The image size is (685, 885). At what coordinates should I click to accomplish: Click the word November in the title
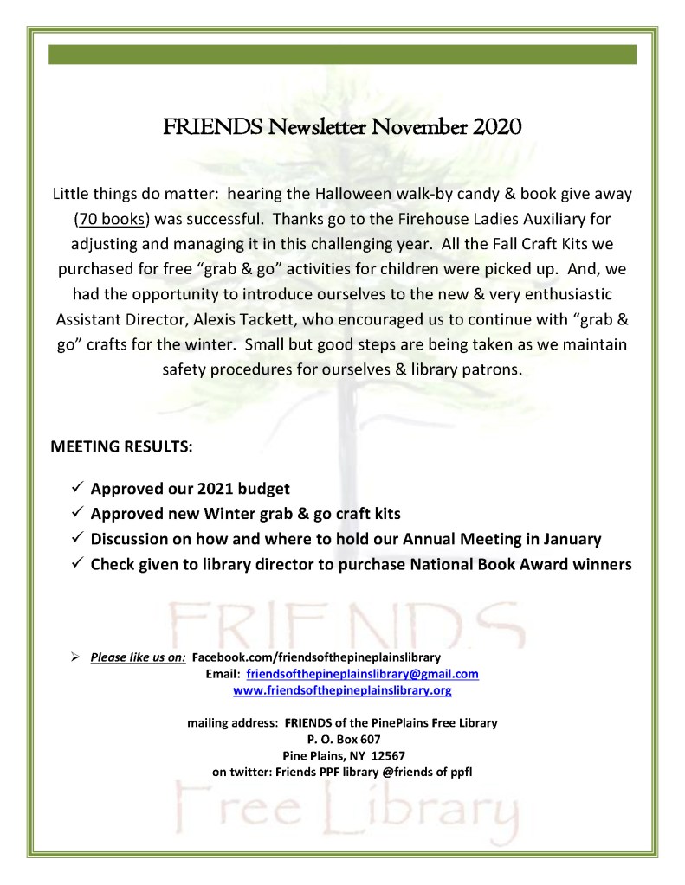418,129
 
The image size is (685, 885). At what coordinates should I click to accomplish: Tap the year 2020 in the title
496,129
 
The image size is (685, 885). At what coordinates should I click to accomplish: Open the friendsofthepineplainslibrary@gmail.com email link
362,674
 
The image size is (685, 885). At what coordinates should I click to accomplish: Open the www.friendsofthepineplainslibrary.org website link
342,690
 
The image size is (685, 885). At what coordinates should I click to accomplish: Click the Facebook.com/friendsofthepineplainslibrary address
315,657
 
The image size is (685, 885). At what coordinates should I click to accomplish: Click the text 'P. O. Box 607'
342,738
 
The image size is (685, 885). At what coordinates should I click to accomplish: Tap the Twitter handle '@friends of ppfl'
430,771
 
